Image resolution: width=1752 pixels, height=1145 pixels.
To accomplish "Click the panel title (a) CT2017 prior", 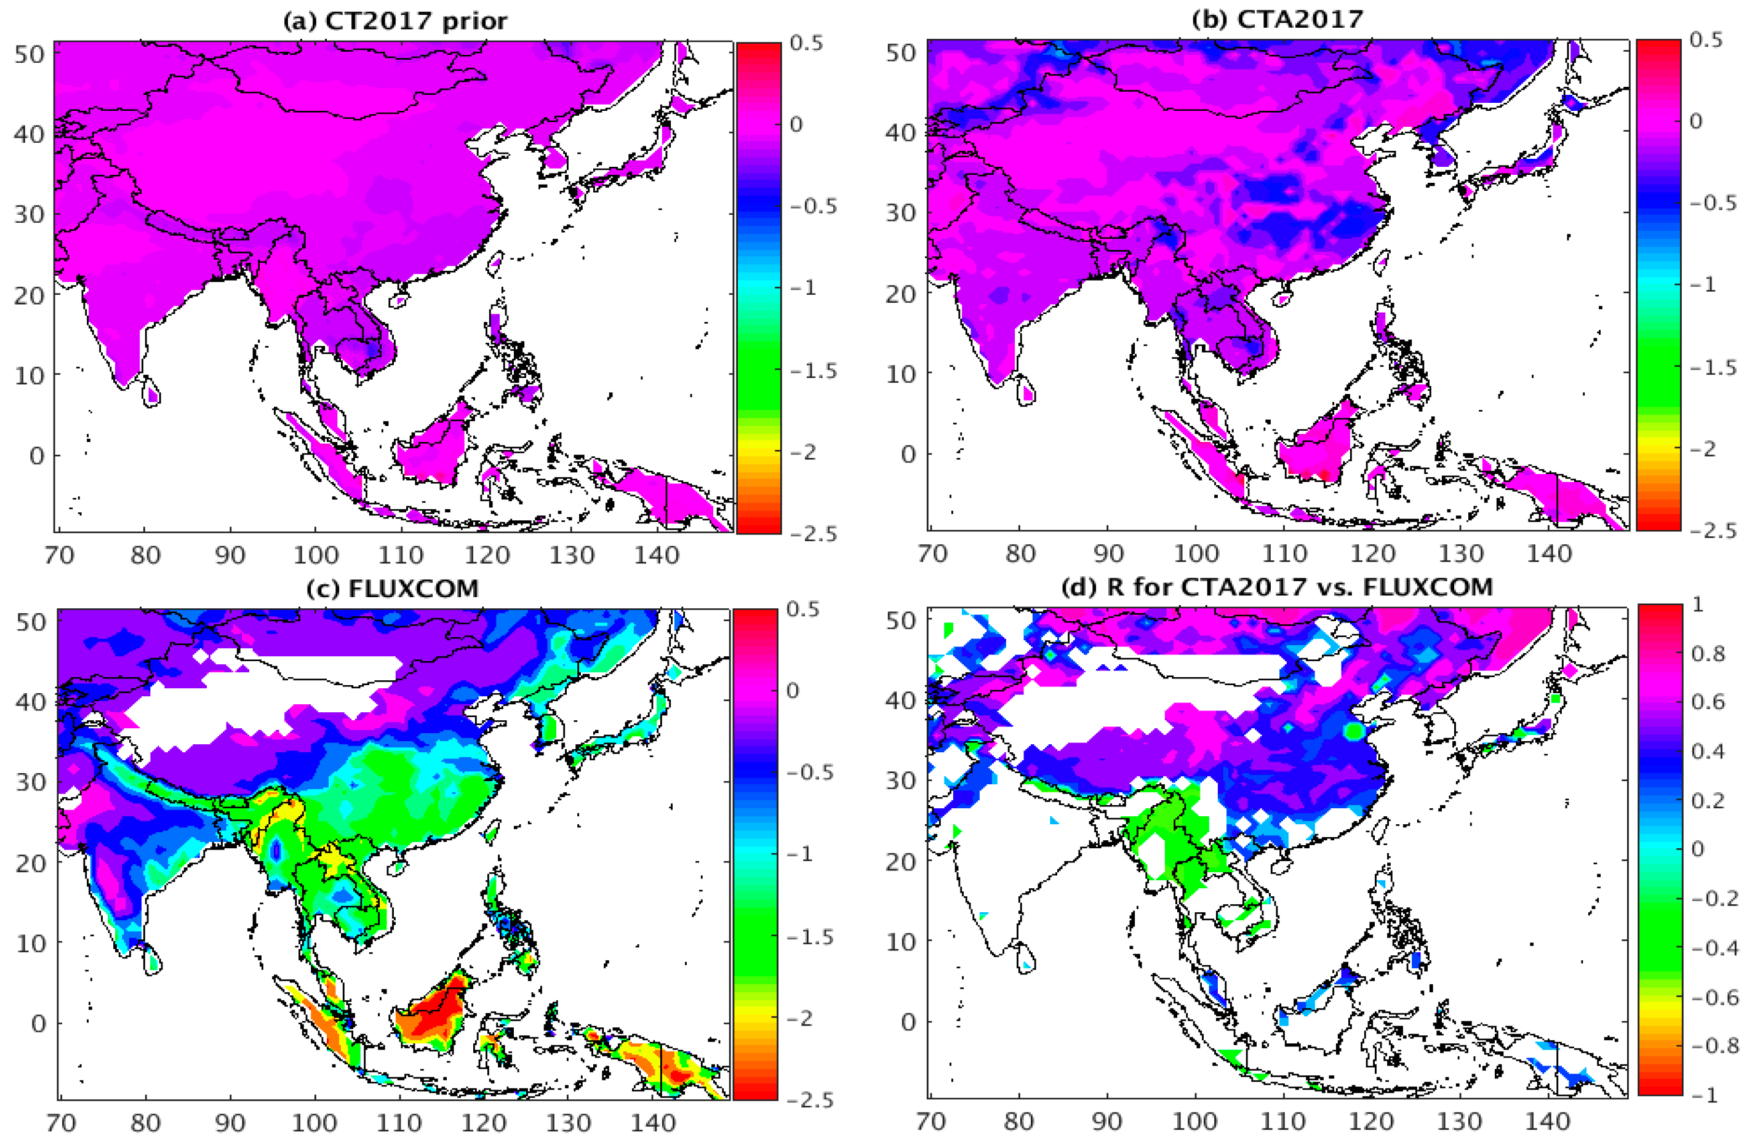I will [x=395, y=20].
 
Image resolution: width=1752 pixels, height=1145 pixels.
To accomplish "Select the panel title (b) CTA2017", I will [x=1277, y=19].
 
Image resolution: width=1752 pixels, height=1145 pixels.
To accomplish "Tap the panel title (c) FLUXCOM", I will [x=393, y=589].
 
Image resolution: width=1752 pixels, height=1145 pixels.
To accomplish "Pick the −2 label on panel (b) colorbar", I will [x=1705, y=448].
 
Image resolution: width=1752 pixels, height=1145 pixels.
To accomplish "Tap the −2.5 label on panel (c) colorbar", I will [x=810, y=1100].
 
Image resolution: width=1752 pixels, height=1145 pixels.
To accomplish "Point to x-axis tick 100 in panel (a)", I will [x=316, y=555].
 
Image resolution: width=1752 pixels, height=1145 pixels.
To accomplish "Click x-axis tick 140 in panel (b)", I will [x=1549, y=553].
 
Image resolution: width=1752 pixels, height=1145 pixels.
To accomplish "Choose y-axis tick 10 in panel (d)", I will [x=899, y=942].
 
